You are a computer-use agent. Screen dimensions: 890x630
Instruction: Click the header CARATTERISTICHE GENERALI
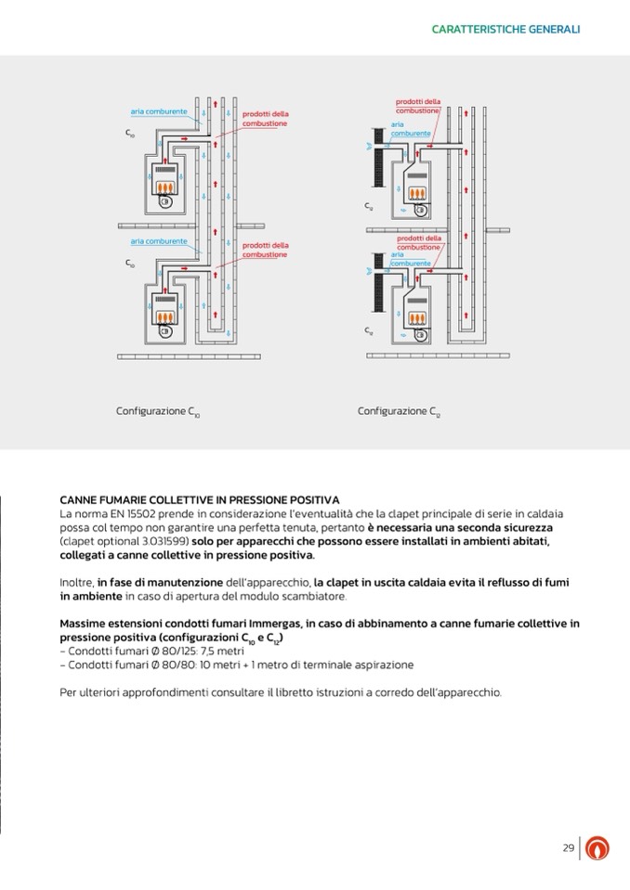505,29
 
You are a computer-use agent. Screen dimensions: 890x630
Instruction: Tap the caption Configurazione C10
157,411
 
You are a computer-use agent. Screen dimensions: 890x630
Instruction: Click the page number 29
568,847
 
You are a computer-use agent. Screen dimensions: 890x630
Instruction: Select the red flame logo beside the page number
600,848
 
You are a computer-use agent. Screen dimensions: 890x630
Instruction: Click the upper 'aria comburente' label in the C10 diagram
159,111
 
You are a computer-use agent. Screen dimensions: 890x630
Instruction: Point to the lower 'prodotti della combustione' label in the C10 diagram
265,250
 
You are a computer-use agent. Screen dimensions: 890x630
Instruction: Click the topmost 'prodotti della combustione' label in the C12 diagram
418,106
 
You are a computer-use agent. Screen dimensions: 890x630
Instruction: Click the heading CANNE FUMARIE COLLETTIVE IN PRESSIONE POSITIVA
199,500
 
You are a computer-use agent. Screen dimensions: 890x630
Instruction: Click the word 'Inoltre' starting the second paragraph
75,582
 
